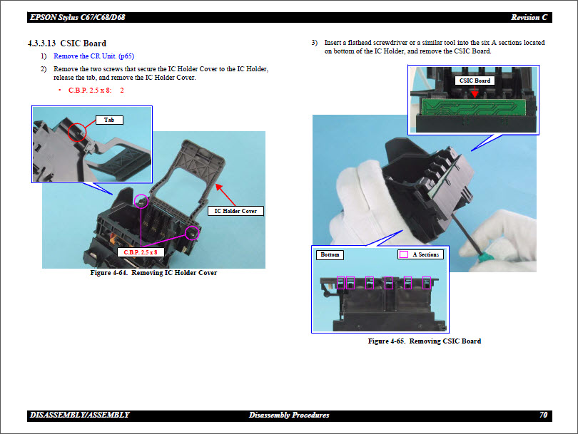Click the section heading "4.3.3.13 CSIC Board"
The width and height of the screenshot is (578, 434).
pyautogui.click(x=68, y=43)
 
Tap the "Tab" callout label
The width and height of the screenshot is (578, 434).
pyautogui.click(x=109, y=120)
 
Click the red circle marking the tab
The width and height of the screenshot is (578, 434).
pyautogui.click(x=77, y=131)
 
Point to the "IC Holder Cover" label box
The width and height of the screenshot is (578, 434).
pyautogui.click(x=236, y=211)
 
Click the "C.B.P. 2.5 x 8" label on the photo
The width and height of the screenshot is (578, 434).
pyautogui.click(x=141, y=252)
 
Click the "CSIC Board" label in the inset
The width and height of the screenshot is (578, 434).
pyautogui.click(x=475, y=81)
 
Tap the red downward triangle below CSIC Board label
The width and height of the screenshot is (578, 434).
pyautogui.click(x=474, y=93)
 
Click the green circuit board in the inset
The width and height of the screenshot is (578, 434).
pyautogui.click(x=471, y=107)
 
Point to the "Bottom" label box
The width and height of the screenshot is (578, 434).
pyautogui.click(x=330, y=254)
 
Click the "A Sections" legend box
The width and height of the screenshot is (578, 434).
pyautogui.click(x=420, y=254)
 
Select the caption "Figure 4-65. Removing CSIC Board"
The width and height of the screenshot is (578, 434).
pyautogui.click(x=424, y=341)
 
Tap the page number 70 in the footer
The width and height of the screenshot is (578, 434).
pyautogui.click(x=544, y=415)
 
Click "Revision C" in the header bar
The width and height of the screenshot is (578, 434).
pyautogui.click(x=529, y=17)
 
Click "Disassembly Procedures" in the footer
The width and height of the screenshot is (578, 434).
pyautogui.click(x=289, y=415)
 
